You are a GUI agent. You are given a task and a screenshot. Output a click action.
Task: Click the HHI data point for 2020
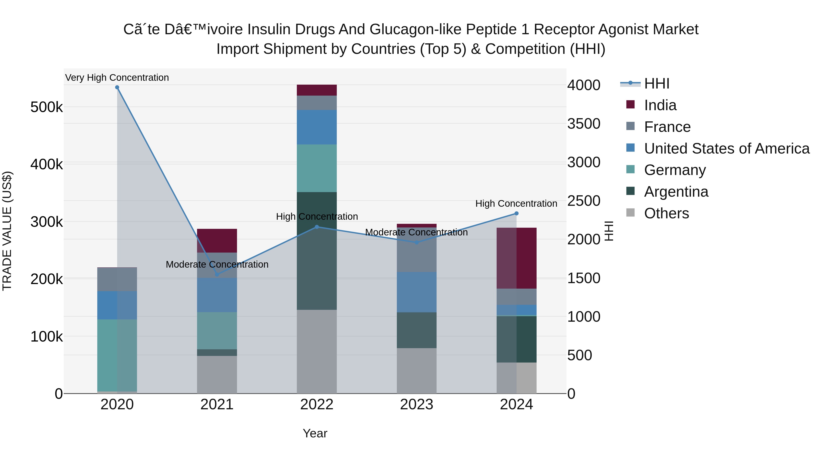pyautogui.click(x=117, y=87)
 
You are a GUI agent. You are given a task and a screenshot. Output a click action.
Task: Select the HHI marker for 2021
pyautogui.click(x=217, y=274)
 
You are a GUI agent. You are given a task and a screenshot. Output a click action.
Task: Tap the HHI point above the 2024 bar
pyautogui.click(x=516, y=213)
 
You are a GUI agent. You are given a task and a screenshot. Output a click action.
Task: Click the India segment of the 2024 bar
pyautogui.click(x=516, y=258)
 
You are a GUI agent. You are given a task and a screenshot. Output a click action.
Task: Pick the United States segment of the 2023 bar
pyautogui.click(x=416, y=292)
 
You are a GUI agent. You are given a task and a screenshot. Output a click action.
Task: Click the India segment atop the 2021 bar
pyautogui.click(x=217, y=240)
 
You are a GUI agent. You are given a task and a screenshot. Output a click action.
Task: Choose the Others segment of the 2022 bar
pyautogui.click(x=316, y=351)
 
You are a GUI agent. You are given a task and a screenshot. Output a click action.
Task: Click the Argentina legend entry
pyautogui.click(x=676, y=192)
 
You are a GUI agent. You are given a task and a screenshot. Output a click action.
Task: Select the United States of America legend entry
pyautogui.click(x=727, y=149)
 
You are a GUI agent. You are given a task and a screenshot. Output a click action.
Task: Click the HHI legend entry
pyautogui.click(x=656, y=84)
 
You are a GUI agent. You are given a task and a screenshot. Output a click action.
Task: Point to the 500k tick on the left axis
pyautogui.click(x=47, y=107)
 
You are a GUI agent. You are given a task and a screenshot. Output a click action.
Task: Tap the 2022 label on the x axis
pyautogui.click(x=316, y=405)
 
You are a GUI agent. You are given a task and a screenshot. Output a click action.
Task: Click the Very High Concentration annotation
pyautogui.click(x=117, y=78)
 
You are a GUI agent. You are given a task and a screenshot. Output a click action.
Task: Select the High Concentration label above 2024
pyautogui.click(x=516, y=204)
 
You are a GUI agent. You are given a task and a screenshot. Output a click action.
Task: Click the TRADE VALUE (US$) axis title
pyautogui.click(x=7, y=231)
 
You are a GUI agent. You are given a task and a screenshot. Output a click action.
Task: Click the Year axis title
pyautogui.click(x=315, y=433)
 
